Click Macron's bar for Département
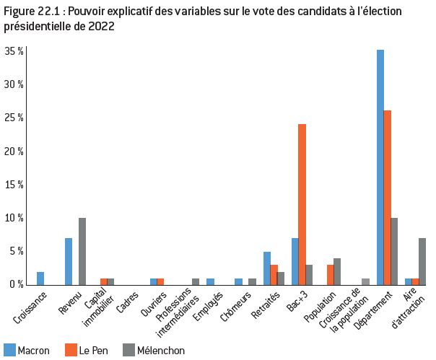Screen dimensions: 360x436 point(380,167)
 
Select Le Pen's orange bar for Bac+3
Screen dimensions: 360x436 point(302,204)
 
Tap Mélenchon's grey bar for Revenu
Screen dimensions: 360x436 point(82,251)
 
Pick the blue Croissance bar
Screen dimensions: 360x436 point(40,278)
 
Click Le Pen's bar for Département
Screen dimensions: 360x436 point(387,197)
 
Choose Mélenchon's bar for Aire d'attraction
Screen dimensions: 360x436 point(422,261)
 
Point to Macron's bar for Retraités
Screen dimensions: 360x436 point(267,268)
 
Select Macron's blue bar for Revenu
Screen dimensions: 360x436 point(69,261)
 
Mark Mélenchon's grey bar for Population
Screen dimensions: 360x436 point(337,271)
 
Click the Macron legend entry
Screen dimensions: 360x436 point(27,351)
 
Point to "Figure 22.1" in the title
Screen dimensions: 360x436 point(29,12)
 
